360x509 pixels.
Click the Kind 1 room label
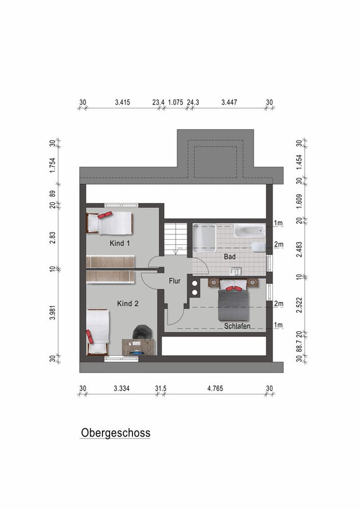119,243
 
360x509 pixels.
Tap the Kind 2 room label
128,303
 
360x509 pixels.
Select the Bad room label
230,257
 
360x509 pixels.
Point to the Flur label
174,281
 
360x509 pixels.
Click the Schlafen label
237,326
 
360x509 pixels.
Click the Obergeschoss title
116,433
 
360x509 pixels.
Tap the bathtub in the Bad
249,230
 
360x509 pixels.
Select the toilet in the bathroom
258,248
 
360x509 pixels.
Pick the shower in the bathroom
205,238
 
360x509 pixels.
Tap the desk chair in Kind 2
142,332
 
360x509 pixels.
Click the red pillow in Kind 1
105,215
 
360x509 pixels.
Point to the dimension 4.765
215,388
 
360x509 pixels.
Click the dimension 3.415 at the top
122,102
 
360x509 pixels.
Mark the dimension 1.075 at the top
175,102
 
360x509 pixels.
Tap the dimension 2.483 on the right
300,249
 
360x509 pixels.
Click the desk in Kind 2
139,347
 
